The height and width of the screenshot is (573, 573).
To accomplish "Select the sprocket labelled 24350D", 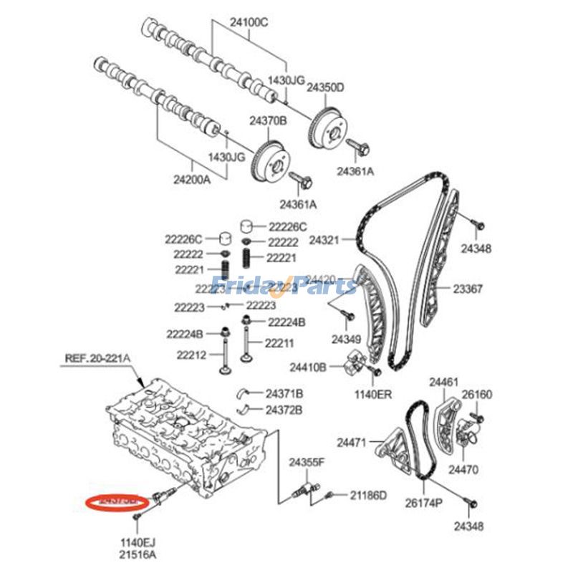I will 327,127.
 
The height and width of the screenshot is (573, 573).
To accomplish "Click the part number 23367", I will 467,289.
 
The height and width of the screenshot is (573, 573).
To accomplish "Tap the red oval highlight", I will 115,503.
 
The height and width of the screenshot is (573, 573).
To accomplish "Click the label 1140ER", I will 373,394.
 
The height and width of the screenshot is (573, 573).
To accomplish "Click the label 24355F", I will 307,463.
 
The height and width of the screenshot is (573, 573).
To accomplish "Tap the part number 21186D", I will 368,495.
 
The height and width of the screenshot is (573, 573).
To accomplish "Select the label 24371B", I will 284,394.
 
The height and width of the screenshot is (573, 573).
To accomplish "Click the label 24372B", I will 284,410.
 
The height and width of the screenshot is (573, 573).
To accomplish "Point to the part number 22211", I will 279,343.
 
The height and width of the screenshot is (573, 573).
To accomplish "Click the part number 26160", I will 477,395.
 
